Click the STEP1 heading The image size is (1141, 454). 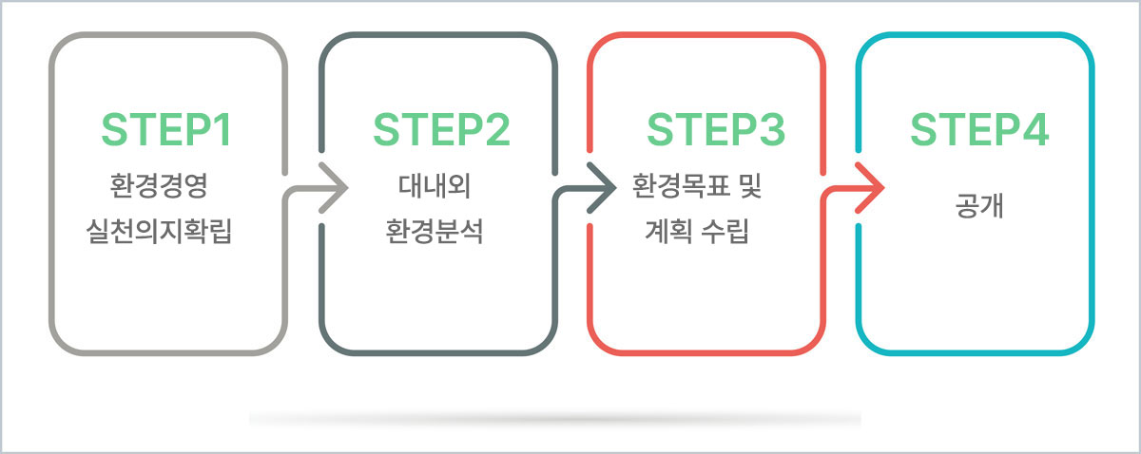coord(166,130)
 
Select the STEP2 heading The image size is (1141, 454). coord(441,130)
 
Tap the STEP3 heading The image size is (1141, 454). coord(716,130)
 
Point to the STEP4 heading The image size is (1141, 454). coord(979,130)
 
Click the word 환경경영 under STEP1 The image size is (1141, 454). coord(159,185)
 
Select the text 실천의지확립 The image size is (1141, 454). coord(159,231)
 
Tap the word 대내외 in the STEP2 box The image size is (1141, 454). coord(435,185)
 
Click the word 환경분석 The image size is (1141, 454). coord(434,231)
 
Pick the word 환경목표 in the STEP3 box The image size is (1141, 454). coord(680,185)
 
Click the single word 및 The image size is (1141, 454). coord(750,185)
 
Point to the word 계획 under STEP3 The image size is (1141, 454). coord(668,231)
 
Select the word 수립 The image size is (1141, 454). coord(725,231)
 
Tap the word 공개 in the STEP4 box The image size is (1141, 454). coord(979,205)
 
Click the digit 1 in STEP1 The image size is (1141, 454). coord(223,130)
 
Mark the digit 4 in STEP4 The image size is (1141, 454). coord(1035,130)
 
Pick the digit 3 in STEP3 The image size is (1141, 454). coord(772,130)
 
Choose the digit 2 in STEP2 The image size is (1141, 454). coord(497,130)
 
